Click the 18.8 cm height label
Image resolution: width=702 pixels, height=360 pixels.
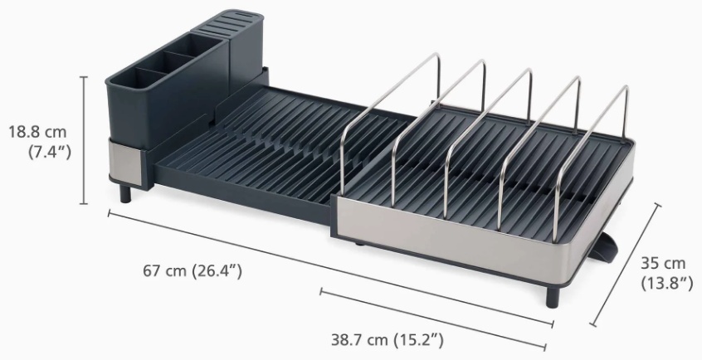pyautogui.click(x=37, y=132)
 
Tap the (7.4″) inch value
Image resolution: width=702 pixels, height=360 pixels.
pyautogui.click(x=50, y=153)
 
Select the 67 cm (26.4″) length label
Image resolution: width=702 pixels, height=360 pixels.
pyautogui.click(x=193, y=270)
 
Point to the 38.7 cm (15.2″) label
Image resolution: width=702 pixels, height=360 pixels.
pyautogui.click(x=388, y=340)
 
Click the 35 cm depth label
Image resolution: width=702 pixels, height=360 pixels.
pyautogui.click(x=663, y=263)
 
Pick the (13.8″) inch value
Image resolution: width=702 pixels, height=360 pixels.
pyautogui.click(x=667, y=283)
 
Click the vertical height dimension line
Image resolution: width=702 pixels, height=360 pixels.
pyautogui.click(x=83, y=140)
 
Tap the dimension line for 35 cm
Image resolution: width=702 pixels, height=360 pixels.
pyautogui.click(x=626, y=265)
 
